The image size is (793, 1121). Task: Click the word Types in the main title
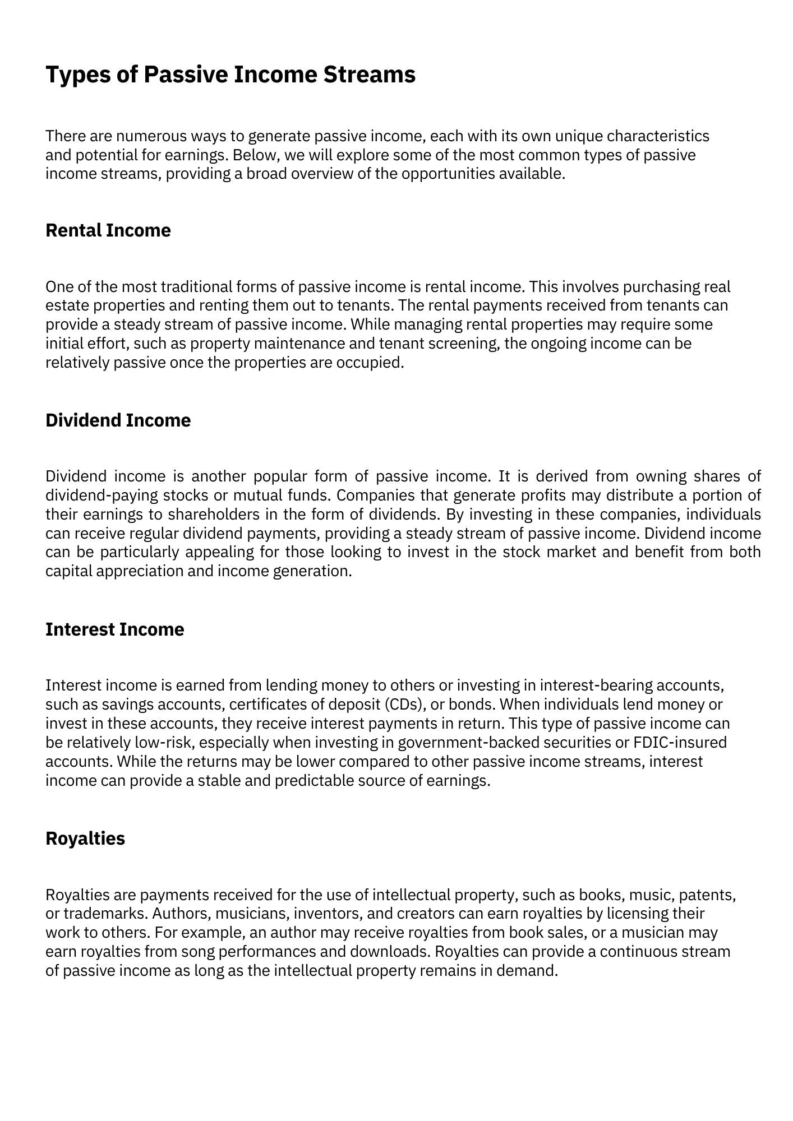click(72, 75)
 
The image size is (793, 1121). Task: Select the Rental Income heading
click(108, 230)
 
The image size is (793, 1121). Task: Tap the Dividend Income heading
click(118, 420)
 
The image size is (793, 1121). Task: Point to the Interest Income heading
click(114, 629)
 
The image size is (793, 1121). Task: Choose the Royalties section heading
click(85, 839)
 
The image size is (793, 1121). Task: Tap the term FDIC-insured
click(680, 742)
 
